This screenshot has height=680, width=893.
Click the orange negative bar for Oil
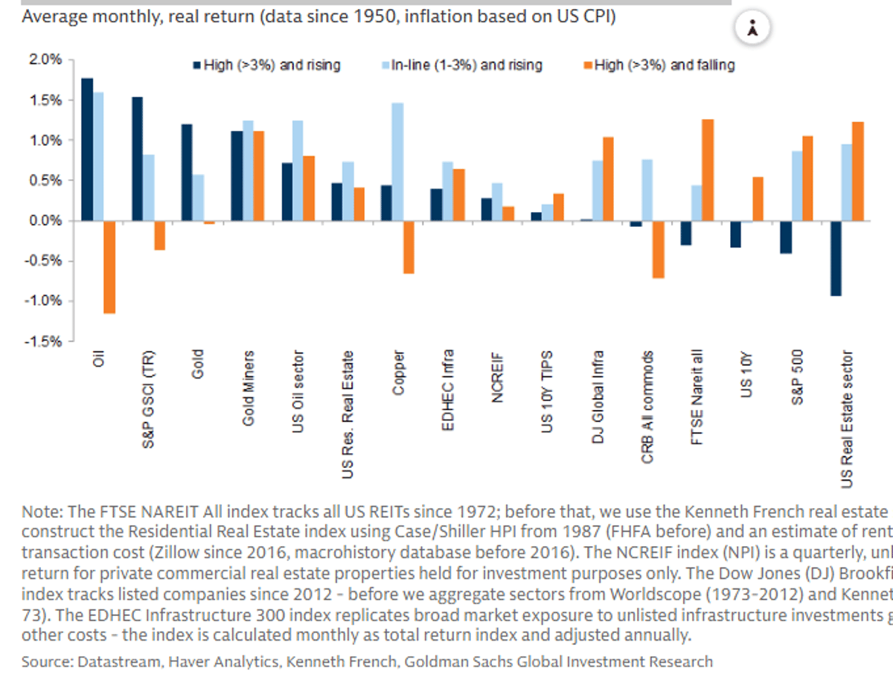click(109, 267)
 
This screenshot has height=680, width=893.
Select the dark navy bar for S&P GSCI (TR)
click(137, 158)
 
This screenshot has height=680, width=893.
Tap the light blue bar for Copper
click(398, 161)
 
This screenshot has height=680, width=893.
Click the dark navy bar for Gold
click(187, 172)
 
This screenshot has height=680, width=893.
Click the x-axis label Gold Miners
click(249, 388)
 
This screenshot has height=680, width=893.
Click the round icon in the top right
click(753, 29)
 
